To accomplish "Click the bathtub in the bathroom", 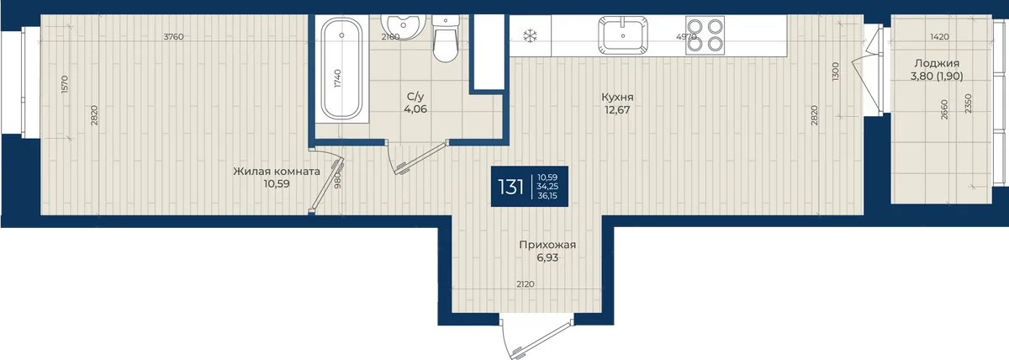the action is (342, 68).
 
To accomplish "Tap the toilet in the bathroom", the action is (446, 39).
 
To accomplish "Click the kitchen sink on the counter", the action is (623, 34).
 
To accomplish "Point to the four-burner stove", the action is (705, 35).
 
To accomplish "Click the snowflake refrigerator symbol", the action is (531, 35).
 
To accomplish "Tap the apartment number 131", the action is (511, 187).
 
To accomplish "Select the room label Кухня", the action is (617, 97).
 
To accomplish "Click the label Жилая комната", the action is (277, 172).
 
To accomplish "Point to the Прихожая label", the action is (547, 245).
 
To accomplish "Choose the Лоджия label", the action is (937, 64).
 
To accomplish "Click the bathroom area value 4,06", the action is (415, 109).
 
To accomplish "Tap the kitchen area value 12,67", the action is (617, 109).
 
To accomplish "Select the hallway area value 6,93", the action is (547, 257).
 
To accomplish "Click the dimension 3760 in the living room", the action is (173, 37).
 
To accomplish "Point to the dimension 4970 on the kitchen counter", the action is (686, 37).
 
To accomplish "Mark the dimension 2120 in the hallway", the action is (526, 284).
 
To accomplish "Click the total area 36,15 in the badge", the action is (547, 196).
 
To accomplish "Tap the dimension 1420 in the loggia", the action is (940, 37).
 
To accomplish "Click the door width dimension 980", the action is (338, 181).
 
